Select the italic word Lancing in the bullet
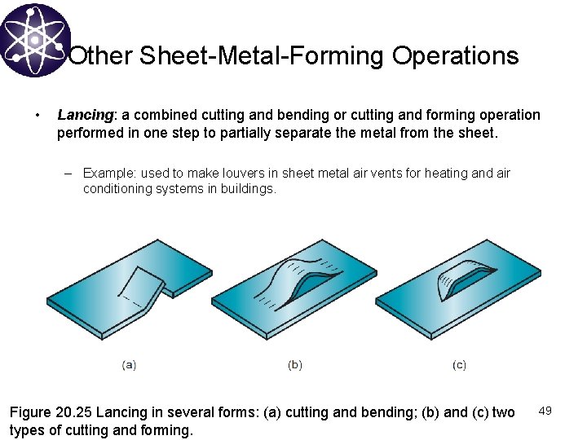tap(84, 115)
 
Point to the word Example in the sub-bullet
tap(109, 173)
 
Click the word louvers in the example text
tap(241, 173)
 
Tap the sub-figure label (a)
tap(129, 365)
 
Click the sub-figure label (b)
tap(295, 365)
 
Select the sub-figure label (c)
tap(460, 365)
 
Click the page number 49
tap(545, 411)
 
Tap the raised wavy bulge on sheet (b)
tap(297, 277)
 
